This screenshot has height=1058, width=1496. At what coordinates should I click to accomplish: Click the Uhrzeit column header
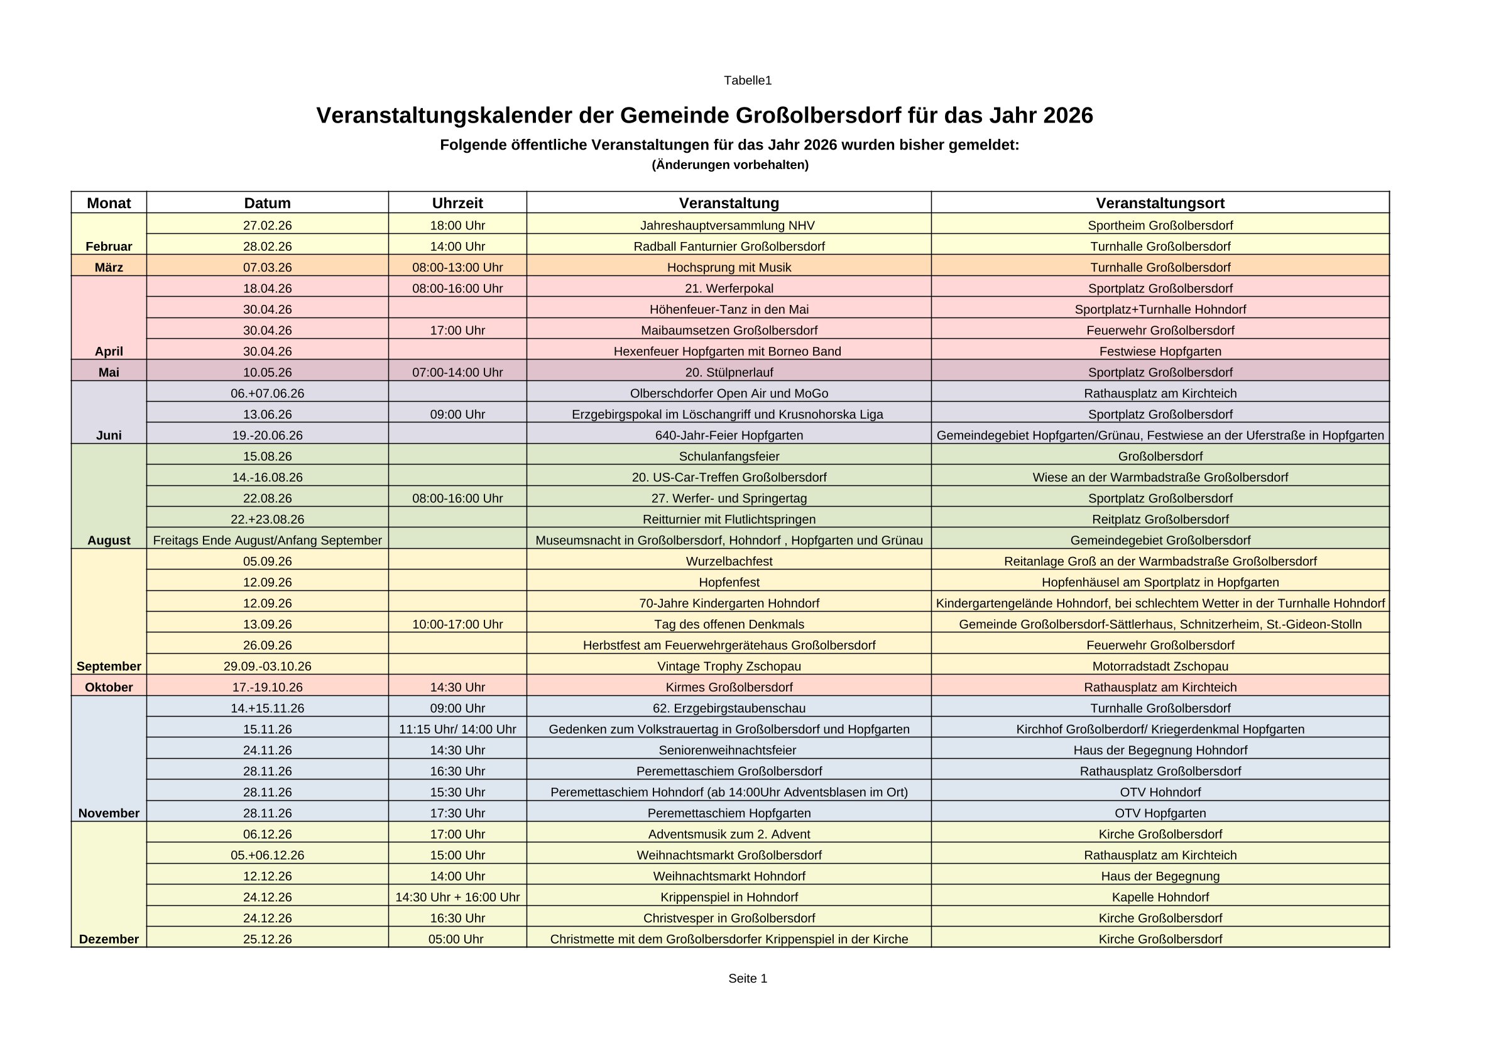click(x=457, y=202)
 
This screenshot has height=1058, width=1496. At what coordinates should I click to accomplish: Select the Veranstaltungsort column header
click(x=1160, y=202)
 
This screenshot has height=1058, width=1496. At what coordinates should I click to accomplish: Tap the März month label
click(x=109, y=267)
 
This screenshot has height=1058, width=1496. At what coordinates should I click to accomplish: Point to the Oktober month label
click(x=109, y=687)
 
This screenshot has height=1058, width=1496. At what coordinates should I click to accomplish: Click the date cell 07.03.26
click(x=267, y=267)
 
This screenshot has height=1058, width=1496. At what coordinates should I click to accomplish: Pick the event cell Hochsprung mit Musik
click(x=728, y=267)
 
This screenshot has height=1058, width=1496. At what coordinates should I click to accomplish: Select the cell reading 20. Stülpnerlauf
click(x=728, y=372)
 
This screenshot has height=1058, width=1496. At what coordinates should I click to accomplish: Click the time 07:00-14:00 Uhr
click(x=457, y=372)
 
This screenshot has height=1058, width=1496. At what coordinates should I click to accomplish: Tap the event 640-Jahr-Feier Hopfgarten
click(x=728, y=435)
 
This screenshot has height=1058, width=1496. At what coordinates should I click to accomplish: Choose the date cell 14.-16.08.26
click(x=267, y=477)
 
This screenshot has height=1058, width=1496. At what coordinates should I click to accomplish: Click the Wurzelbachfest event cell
click(x=728, y=561)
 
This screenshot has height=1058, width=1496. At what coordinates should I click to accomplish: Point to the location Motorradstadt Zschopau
click(x=1160, y=666)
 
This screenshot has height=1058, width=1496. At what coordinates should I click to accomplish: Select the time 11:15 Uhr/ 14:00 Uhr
click(x=457, y=729)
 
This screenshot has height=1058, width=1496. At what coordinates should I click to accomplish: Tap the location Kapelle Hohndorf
click(x=1160, y=897)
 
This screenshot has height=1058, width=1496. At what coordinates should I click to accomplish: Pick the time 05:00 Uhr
click(x=456, y=939)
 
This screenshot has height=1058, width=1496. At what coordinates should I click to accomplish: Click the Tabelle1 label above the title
click(x=747, y=80)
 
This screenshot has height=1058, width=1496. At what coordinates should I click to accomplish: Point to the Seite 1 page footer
click(x=747, y=978)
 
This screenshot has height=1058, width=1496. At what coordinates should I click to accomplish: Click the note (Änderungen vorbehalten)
click(x=729, y=165)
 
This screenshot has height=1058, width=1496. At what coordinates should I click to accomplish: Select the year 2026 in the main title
click(x=1067, y=116)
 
